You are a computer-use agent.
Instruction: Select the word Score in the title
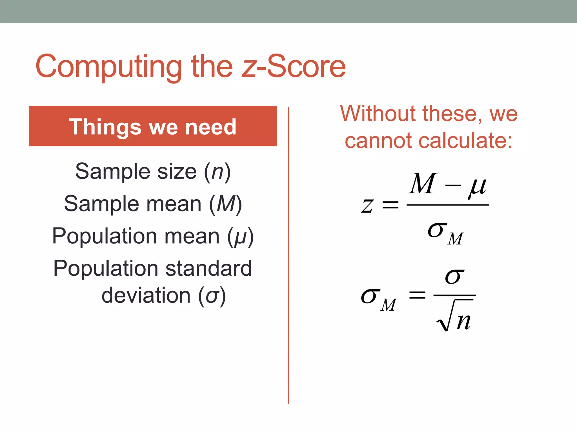(x=306, y=67)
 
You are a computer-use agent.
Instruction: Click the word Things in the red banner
(x=105, y=127)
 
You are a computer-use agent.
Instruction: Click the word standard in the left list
(x=208, y=268)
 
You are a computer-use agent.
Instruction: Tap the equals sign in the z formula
(x=390, y=205)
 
